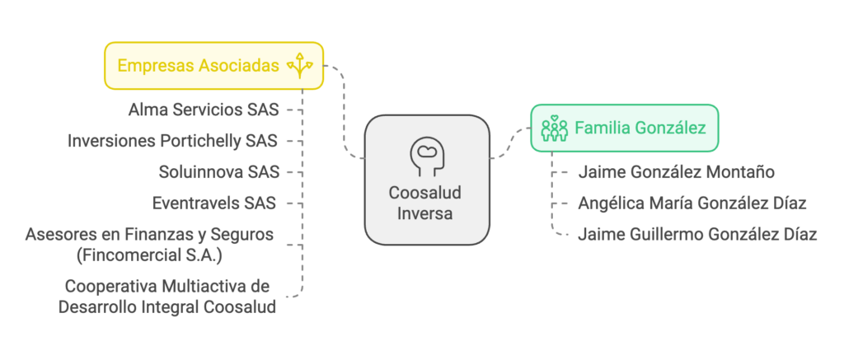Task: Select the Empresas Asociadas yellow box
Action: coord(213,66)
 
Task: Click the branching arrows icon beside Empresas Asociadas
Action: coord(299,66)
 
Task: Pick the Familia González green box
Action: coord(624,128)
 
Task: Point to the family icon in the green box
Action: coord(554,128)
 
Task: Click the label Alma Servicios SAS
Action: coord(204,109)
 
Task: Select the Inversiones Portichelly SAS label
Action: coord(172,140)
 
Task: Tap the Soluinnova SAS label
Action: coord(218,171)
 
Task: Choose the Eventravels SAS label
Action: coord(213,203)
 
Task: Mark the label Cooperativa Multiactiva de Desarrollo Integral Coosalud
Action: coord(167,297)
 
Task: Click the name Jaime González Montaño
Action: coord(676,172)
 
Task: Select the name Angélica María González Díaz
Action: coord(692,203)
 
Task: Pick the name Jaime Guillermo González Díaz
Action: coord(697,234)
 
